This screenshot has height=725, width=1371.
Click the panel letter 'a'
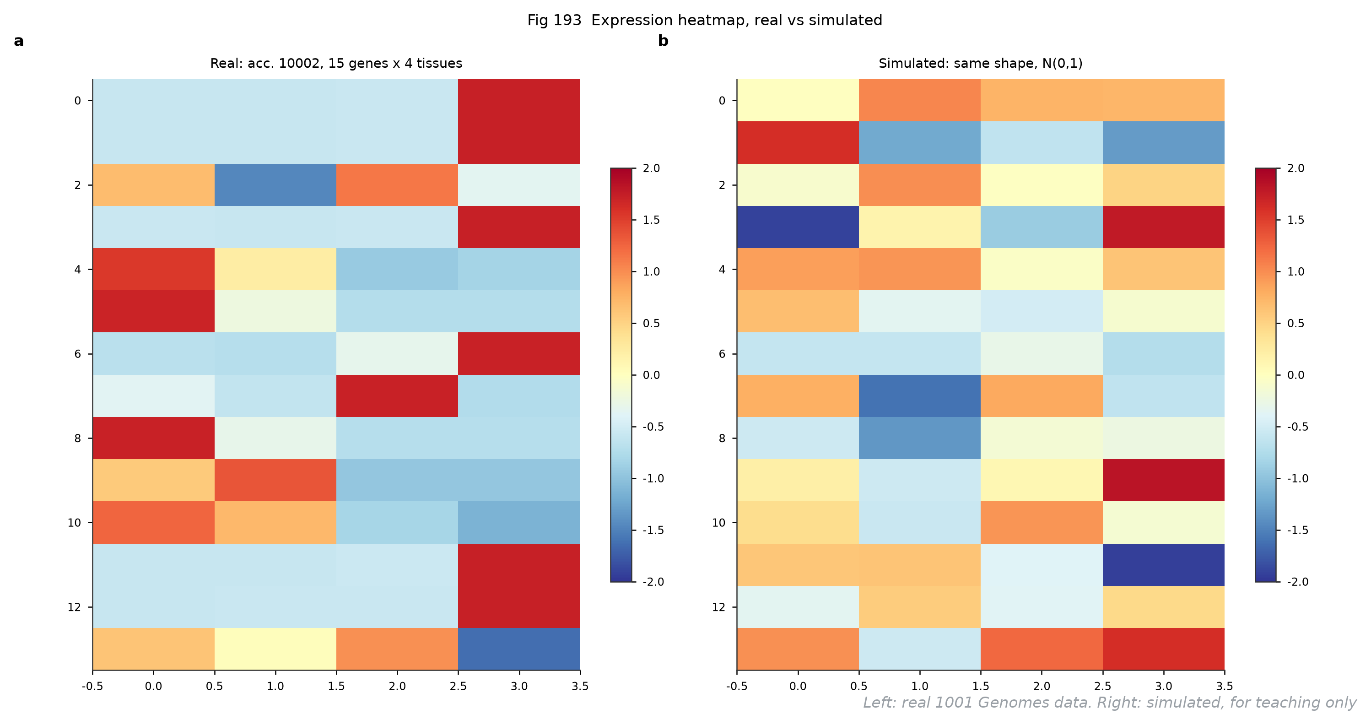pos(19,41)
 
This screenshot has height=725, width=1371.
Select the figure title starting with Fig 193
pos(705,20)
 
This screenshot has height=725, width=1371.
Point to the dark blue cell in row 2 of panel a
pos(275,185)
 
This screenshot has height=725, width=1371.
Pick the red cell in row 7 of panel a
pos(397,395)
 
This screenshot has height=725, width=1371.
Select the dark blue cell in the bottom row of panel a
pos(519,649)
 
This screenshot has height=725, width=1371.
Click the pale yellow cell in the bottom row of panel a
pos(275,649)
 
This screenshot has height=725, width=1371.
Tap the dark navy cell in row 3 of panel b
pos(798,227)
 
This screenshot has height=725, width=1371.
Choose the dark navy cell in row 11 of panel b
pos(1163,564)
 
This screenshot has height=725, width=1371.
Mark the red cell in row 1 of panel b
pos(798,143)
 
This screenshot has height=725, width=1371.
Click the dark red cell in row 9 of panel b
pos(1163,480)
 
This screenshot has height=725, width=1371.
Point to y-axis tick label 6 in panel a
pos(78,354)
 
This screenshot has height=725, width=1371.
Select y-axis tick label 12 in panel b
pos(718,607)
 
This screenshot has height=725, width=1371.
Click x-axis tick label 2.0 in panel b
pos(1042,687)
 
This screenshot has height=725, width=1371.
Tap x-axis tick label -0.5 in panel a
pos(92,687)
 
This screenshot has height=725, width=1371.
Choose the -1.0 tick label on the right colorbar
pos(1298,479)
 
